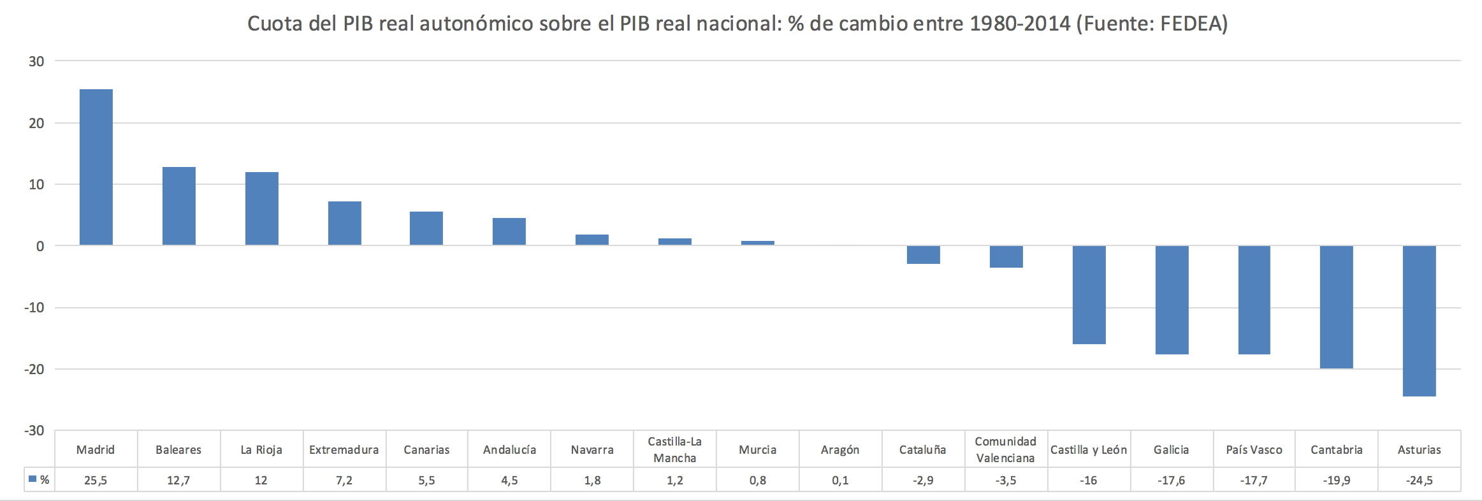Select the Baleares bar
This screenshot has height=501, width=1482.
(x=179, y=206)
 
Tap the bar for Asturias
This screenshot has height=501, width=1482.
(x=1419, y=321)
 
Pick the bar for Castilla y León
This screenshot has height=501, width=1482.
(x=1089, y=294)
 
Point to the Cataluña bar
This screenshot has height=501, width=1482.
(x=923, y=254)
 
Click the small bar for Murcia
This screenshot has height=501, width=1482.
(x=758, y=243)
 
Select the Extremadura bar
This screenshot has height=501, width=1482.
(x=345, y=223)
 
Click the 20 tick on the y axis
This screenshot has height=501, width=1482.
(x=36, y=123)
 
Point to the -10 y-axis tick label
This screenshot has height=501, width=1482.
(x=34, y=308)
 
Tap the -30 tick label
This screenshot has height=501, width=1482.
(x=34, y=431)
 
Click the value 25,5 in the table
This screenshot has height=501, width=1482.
(x=96, y=481)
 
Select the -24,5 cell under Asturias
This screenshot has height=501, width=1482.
(x=1419, y=481)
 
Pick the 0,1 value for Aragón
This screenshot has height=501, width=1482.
(x=840, y=481)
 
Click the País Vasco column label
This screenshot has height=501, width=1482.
(x=1254, y=450)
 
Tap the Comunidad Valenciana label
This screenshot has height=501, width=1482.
(x=1006, y=449)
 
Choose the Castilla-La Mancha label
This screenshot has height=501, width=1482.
(x=675, y=449)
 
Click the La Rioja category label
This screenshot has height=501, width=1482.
(x=261, y=450)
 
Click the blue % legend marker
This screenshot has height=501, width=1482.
(x=33, y=479)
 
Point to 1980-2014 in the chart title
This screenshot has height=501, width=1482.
(x=1020, y=24)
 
